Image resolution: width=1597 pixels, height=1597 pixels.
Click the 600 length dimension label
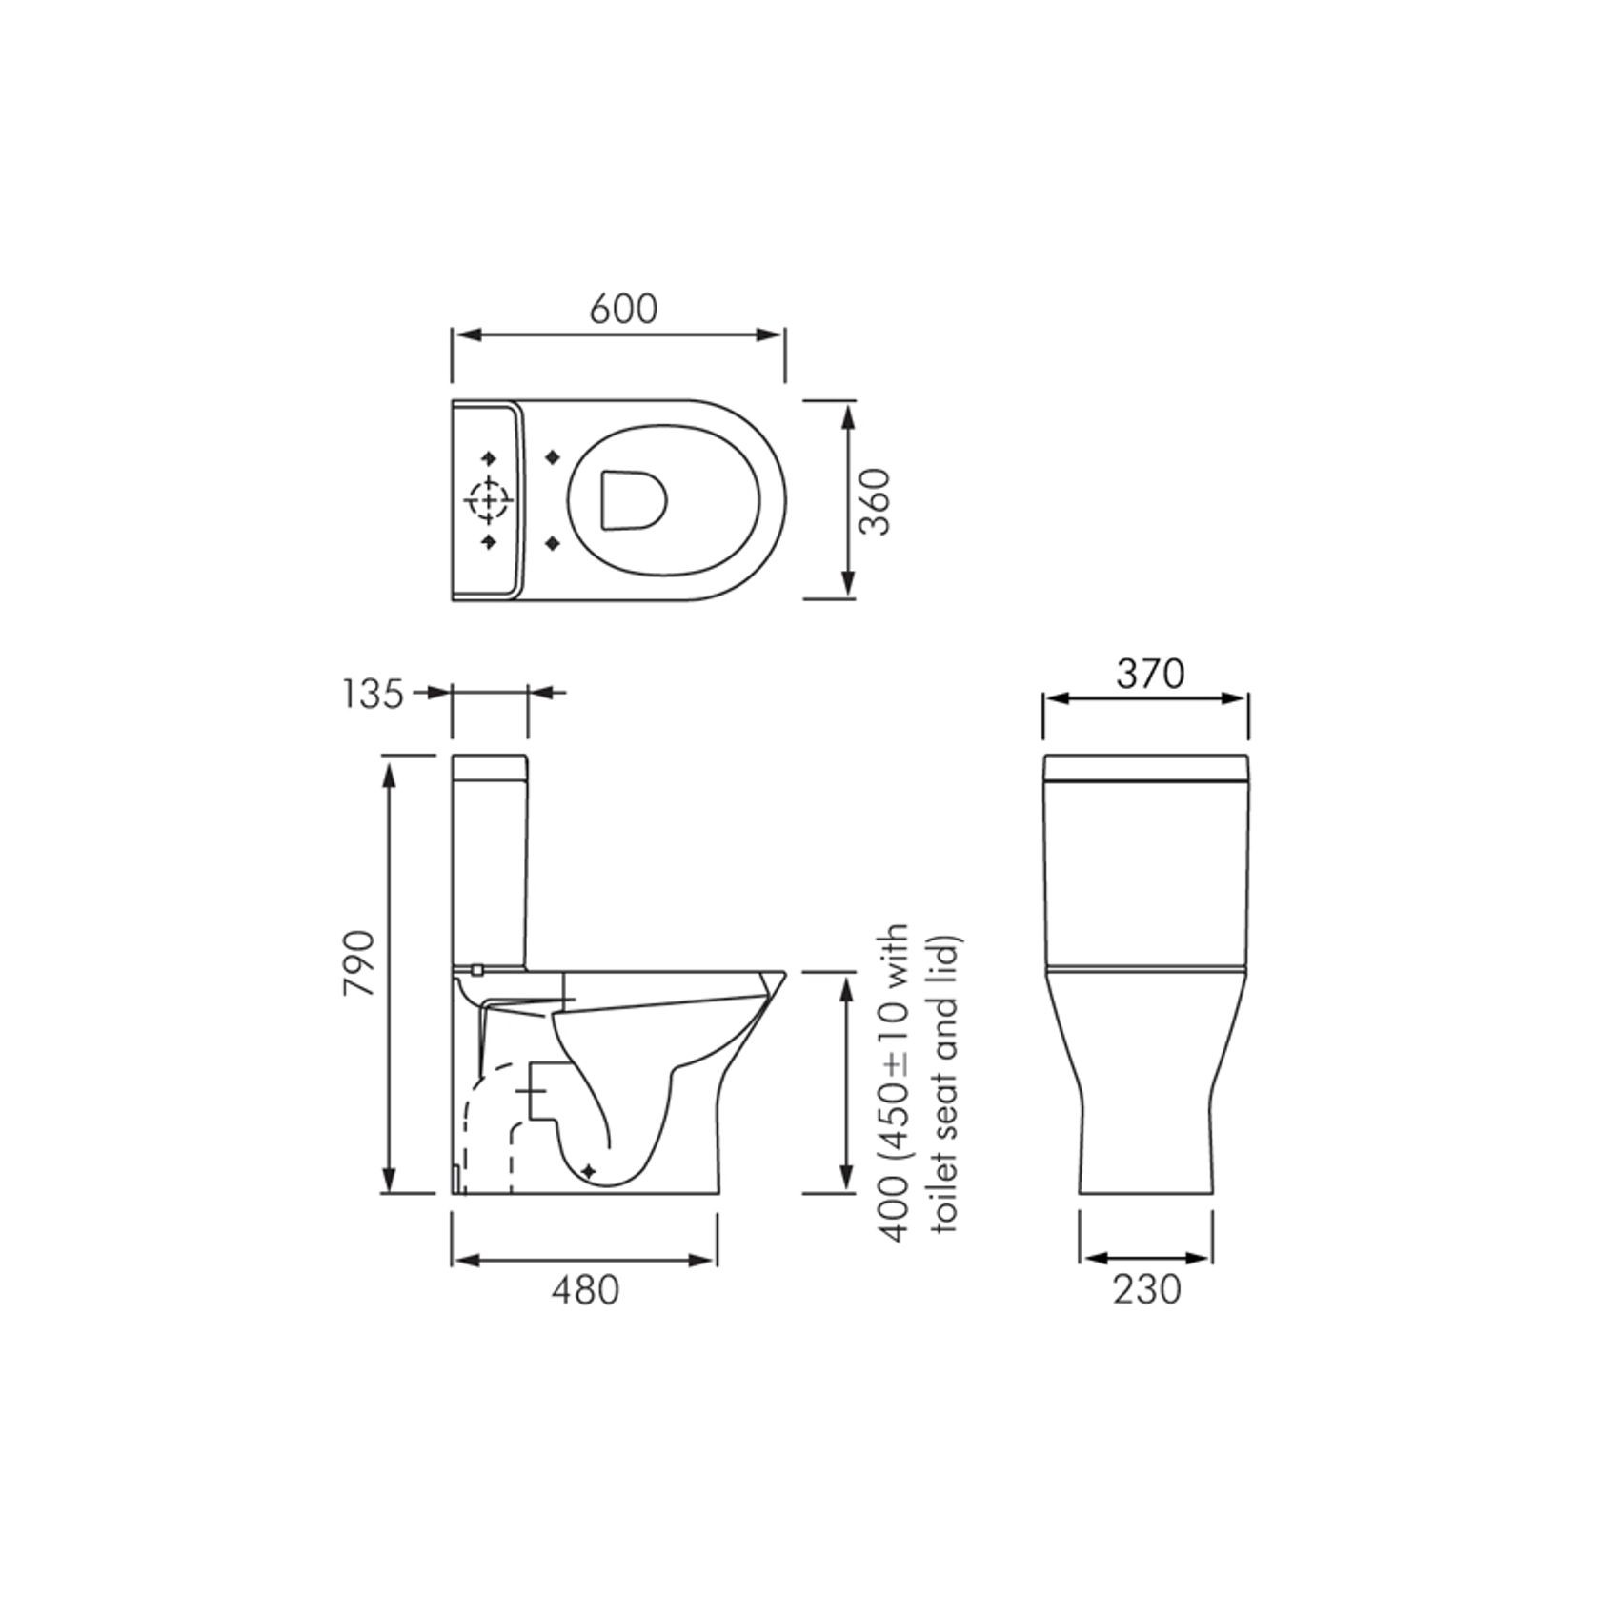point(623,309)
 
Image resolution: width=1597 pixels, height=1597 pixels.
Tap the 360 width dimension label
point(875,501)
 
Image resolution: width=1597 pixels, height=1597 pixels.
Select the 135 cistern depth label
point(373,695)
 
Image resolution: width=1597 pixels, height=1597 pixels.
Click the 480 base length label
point(585,1290)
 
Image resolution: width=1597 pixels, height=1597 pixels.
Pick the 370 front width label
point(1150,675)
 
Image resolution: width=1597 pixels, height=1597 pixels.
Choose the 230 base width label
point(1146,1290)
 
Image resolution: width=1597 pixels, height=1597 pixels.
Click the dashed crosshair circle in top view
point(488,500)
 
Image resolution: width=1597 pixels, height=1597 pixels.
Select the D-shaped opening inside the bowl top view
point(632,499)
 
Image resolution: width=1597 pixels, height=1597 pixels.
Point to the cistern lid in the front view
point(1146,767)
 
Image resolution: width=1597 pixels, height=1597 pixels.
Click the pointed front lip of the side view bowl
point(781,975)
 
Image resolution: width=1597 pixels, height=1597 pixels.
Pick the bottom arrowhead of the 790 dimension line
point(388,1182)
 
